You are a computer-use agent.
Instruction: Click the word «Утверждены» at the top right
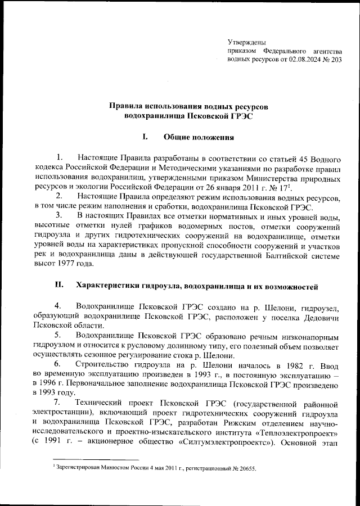pyautogui.click(x=247, y=42)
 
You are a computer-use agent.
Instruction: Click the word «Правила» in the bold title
pyautogui.click(x=128, y=106)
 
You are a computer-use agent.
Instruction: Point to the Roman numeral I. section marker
pyautogui.click(x=145, y=137)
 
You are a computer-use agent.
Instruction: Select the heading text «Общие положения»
pyautogui.click(x=198, y=137)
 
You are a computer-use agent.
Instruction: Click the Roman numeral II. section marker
pyautogui.click(x=58, y=286)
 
